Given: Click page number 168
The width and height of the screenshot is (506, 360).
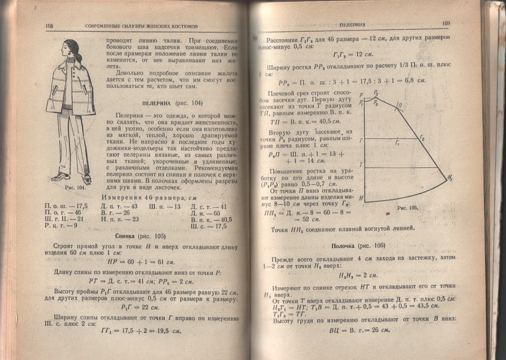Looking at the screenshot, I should click(49, 26).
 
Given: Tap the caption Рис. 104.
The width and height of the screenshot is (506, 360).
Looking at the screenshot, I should click(76, 187).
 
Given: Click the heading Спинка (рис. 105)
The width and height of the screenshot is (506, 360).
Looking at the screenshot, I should click(140, 236).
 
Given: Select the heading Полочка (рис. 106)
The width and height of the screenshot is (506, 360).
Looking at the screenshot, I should click(358, 246).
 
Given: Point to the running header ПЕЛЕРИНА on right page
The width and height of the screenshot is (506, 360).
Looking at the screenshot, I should click(352, 25).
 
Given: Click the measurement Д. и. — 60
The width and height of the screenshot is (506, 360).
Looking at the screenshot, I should click(205, 213).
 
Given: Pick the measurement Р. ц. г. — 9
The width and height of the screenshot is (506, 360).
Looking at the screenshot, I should click(61, 226).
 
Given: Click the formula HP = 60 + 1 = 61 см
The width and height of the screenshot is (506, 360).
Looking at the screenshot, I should click(142, 262).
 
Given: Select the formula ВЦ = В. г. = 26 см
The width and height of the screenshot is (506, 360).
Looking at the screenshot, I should click(360, 330).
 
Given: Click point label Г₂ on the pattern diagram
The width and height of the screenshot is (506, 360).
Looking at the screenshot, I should click(422, 139).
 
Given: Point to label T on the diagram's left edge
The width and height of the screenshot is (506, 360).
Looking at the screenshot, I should click(361, 165).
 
